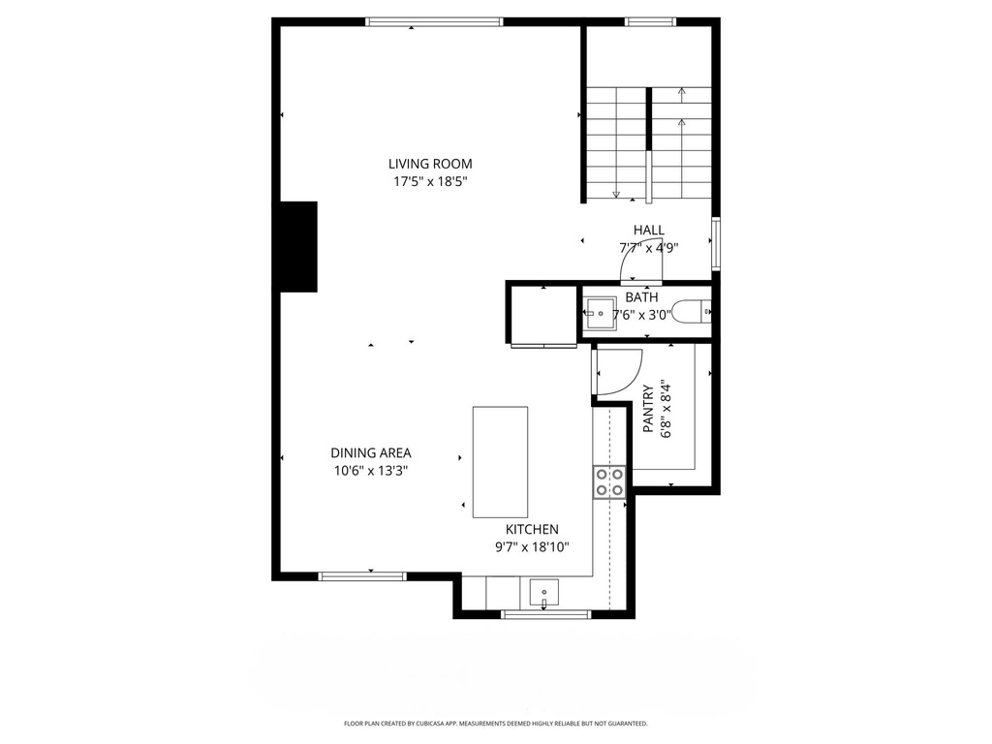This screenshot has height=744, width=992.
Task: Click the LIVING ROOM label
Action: click(x=430, y=164)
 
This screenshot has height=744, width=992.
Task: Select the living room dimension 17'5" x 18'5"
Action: click(x=430, y=181)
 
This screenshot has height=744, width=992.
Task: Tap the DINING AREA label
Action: click(x=370, y=452)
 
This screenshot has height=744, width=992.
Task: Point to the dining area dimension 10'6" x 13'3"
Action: click(x=370, y=471)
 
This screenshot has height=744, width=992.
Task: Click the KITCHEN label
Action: click(x=532, y=529)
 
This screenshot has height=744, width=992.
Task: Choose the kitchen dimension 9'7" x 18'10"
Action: click(x=532, y=546)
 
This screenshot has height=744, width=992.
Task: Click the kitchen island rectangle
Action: click(x=500, y=462)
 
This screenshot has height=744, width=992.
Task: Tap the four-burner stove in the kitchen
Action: click(x=609, y=481)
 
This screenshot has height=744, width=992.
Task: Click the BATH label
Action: click(x=640, y=297)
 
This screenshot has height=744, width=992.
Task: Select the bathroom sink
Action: click(x=599, y=312)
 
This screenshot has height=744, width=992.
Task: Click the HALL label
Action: click(x=649, y=230)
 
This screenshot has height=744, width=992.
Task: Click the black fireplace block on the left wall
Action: click(x=298, y=246)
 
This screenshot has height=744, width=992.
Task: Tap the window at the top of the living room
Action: click(x=434, y=21)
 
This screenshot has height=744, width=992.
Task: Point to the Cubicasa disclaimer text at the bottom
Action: click(x=495, y=724)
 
